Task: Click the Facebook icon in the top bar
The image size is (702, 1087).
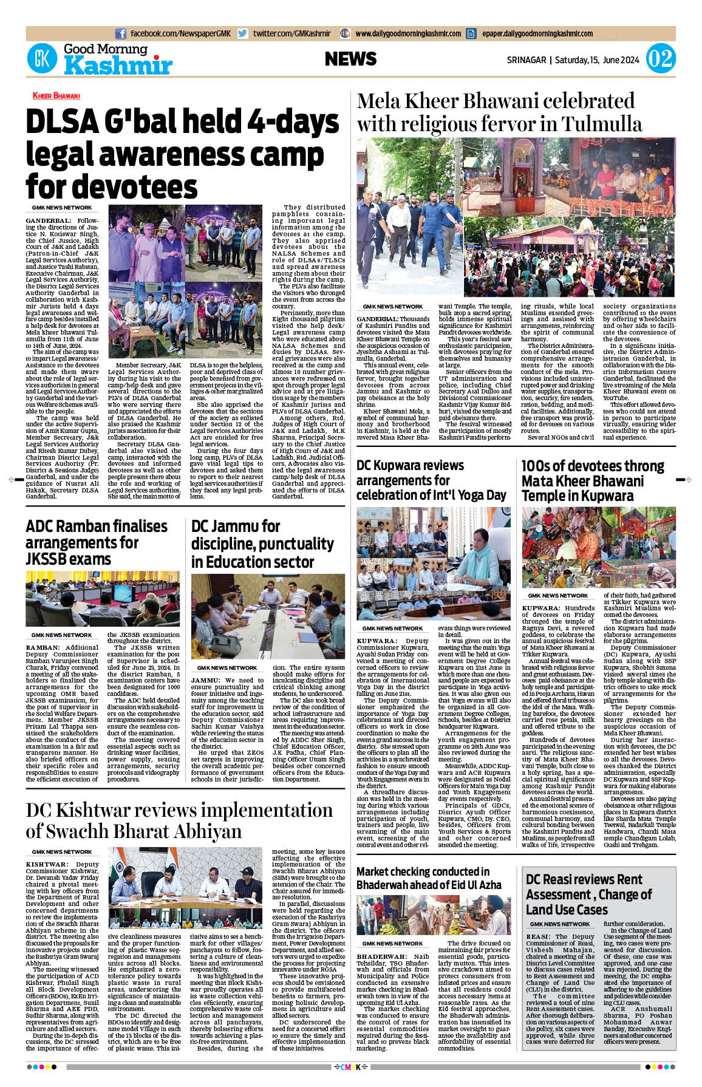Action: (x=121, y=34)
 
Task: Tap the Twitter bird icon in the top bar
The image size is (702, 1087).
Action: (x=243, y=34)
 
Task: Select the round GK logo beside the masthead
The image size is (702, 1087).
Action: (x=42, y=59)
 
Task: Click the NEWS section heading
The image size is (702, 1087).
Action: (x=350, y=59)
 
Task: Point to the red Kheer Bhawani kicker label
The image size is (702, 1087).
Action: (x=56, y=95)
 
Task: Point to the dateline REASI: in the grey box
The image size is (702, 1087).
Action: (x=537, y=937)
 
